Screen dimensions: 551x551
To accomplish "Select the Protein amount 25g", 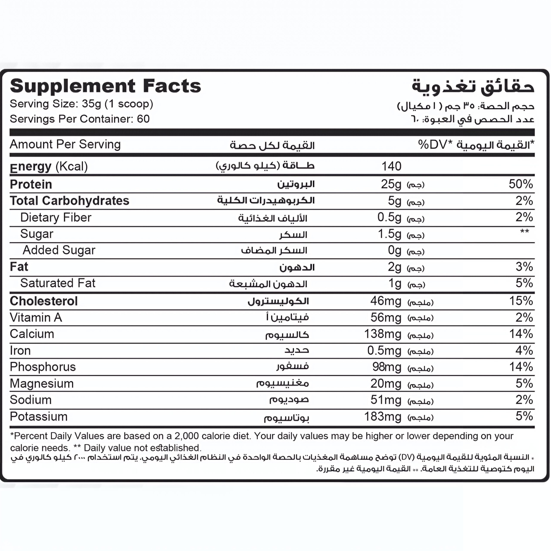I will [x=391, y=184].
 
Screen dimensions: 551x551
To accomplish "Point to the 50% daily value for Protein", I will [x=520, y=184].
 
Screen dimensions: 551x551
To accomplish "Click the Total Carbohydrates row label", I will [x=70, y=201].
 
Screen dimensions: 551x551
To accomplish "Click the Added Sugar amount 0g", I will [x=395, y=250].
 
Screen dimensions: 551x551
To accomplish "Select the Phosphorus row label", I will [x=43, y=367].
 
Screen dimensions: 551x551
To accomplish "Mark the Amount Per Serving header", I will [x=65, y=144].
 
